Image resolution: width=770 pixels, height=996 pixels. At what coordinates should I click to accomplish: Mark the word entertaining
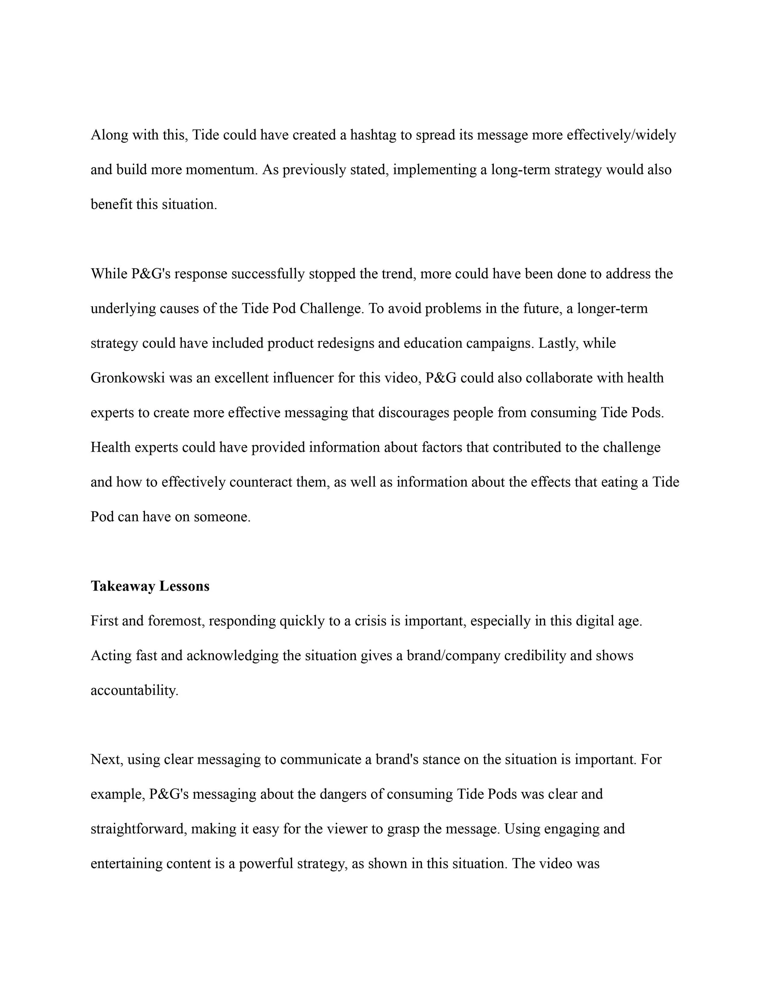click(127, 864)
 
